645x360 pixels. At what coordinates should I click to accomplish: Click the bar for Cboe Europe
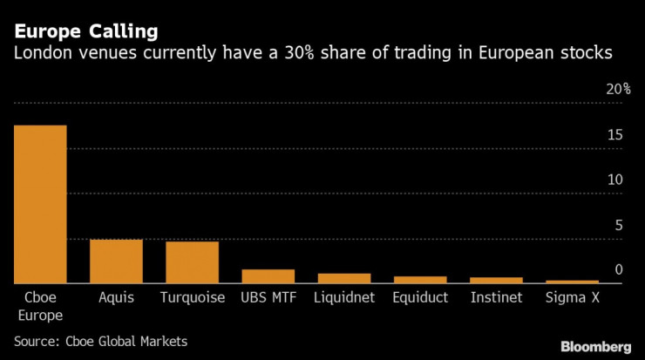(40, 204)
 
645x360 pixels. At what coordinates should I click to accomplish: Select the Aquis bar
(116, 261)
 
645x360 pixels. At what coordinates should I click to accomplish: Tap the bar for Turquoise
(192, 262)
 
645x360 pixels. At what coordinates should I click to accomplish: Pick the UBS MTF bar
(268, 276)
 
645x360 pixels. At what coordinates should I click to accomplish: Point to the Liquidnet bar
(343, 278)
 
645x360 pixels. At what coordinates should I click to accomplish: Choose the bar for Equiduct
(420, 280)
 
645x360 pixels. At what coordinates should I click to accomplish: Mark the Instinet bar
(496, 280)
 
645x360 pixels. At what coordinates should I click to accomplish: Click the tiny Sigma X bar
(572, 282)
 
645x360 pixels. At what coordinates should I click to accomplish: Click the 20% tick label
(618, 90)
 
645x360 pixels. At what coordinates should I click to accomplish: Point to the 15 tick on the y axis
(615, 135)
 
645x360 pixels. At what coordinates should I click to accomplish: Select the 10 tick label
(615, 180)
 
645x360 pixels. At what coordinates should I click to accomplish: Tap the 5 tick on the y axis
(619, 225)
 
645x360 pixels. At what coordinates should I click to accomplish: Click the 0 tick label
(619, 269)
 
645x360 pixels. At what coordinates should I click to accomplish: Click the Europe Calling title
(85, 32)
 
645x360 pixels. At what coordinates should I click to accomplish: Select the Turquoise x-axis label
(192, 298)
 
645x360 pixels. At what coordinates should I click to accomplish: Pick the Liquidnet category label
(343, 298)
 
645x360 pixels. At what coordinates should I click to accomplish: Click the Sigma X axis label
(572, 298)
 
